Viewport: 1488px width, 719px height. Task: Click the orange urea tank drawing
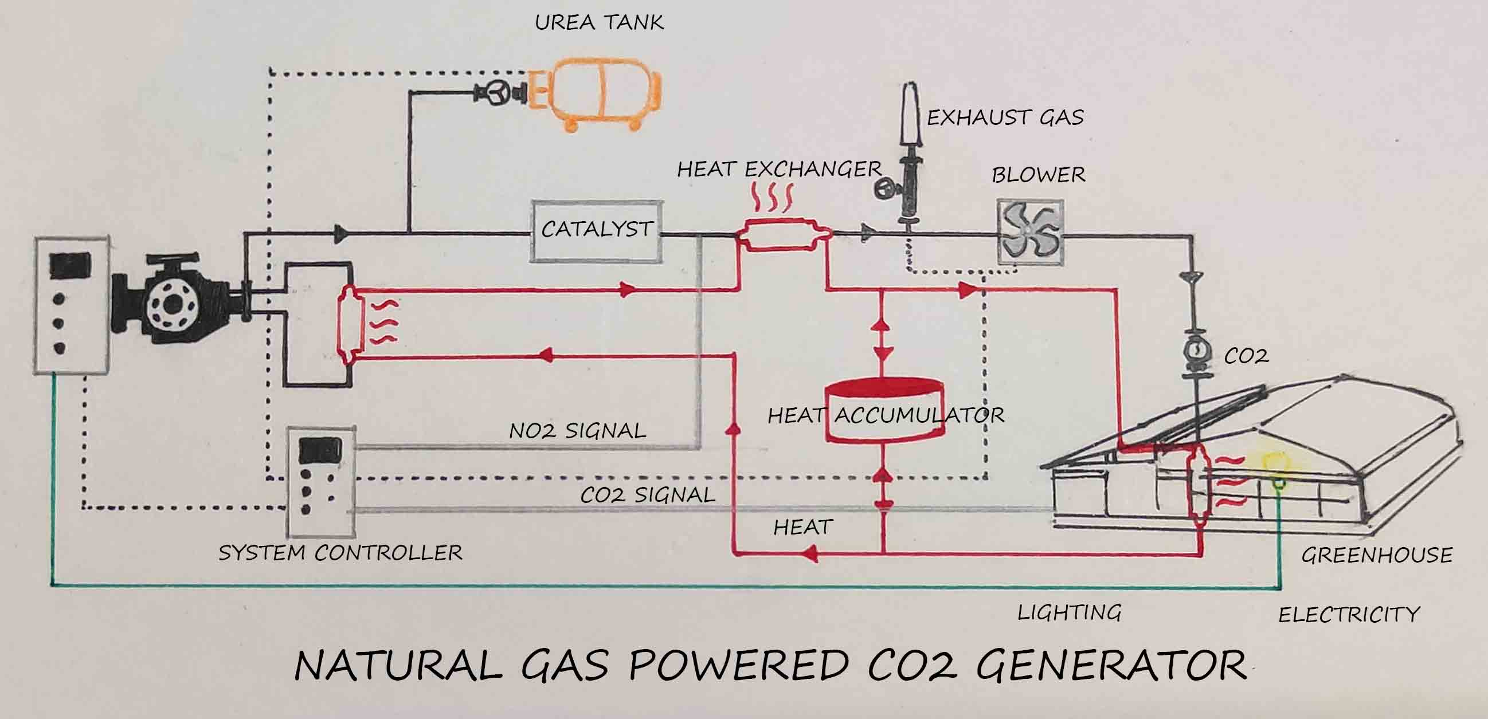click(x=601, y=95)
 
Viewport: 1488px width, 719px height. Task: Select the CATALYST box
click(x=596, y=230)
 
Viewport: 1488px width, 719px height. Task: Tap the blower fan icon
click(x=1030, y=233)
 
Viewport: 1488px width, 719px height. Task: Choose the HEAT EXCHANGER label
click(x=778, y=169)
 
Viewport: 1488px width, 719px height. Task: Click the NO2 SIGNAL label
click(x=577, y=431)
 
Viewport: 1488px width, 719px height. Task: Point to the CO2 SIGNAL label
click(x=647, y=495)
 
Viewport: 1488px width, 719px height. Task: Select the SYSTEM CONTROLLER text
click(x=340, y=553)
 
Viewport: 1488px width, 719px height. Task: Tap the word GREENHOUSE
click(x=1376, y=555)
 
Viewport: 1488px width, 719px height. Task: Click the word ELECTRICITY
click(x=1348, y=615)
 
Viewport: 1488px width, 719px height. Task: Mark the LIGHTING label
click(x=1069, y=613)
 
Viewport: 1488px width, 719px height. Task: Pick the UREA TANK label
click(x=599, y=22)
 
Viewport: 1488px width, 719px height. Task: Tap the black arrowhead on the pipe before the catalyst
click(x=341, y=234)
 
